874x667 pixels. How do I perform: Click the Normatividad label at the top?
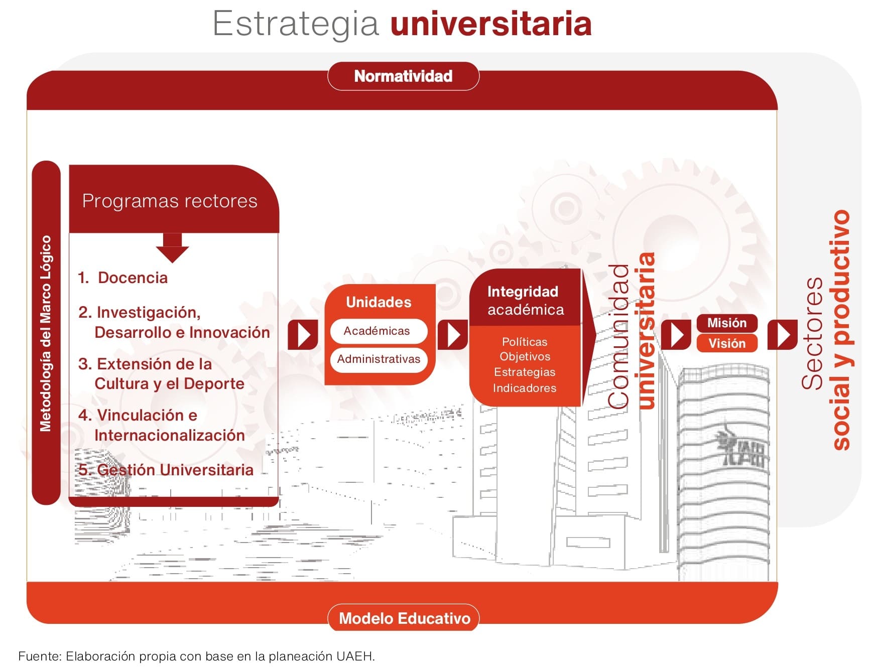coord(403,76)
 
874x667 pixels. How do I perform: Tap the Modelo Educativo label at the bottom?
coord(404,618)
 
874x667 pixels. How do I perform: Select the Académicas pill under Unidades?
coord(379,331)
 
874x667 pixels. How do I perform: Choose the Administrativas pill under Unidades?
coord(379,359)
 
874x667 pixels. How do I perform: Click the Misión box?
coord(726,323)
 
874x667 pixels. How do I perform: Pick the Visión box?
coord(726,343)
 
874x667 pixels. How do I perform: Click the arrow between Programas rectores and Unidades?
coord(303,335)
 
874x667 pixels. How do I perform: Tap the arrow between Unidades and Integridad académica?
coord(453,335)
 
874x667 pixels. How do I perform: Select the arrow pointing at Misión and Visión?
coord(676,335)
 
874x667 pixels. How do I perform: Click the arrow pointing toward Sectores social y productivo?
coord(782,335)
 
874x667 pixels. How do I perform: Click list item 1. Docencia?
coord(122,278)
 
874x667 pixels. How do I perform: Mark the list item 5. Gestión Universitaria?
coord(166,470)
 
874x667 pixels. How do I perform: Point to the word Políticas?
coord(525,342)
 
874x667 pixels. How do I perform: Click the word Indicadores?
coord(525,388)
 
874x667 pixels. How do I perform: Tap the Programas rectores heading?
coord(170,201)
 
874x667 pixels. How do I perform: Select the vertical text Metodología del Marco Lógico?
coord(46,333)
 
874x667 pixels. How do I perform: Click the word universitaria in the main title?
coord(491,24)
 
